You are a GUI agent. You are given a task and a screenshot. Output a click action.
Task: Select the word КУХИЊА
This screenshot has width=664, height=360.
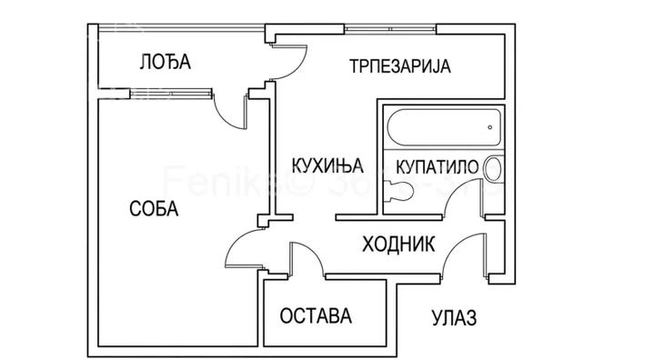click(327, 165)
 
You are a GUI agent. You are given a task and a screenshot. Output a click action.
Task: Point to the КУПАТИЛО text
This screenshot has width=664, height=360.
click(432, 166)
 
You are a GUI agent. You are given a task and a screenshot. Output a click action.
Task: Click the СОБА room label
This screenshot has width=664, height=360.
click(154, 208)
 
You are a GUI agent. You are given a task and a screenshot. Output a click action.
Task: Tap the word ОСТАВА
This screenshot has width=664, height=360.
click(316, 317)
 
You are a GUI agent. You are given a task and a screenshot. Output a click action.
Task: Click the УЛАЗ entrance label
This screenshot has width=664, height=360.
click(452, 318)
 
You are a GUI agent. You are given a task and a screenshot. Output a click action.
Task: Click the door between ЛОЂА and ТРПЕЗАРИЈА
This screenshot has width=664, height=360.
click(287, 62)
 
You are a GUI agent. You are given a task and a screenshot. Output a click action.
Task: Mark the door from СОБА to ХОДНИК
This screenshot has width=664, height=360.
click(243, 245)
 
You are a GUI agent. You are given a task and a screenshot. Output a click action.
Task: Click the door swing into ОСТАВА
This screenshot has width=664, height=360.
click(307, 256)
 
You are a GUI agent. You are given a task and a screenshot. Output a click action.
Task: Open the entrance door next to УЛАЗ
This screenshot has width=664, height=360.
click(461, 253)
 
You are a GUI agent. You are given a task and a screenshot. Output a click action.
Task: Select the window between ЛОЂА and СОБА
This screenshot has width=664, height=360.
click(173, 90)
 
